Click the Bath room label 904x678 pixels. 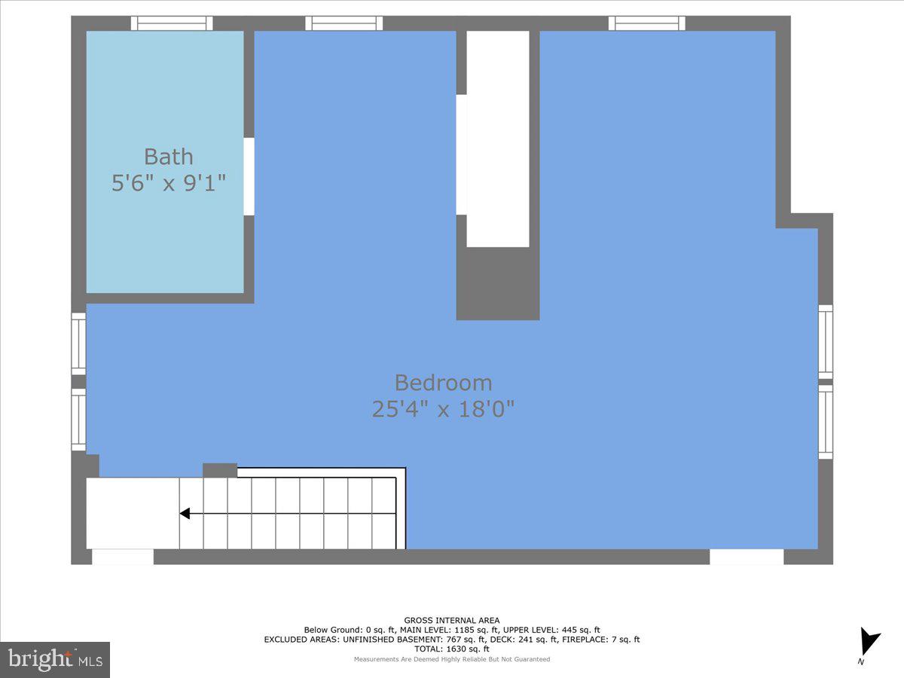169,157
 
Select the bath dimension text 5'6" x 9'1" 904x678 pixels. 169,183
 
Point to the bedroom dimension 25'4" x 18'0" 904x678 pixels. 443,409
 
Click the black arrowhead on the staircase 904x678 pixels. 184,514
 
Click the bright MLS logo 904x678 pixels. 55,660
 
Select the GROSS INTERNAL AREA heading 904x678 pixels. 452,621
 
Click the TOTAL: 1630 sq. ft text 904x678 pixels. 452,649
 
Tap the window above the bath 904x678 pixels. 172,23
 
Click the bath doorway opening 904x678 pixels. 249,176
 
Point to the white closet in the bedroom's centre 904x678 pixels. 497,139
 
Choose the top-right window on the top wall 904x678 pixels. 647,23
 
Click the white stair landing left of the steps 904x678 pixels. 132,514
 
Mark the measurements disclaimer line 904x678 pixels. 452,659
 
